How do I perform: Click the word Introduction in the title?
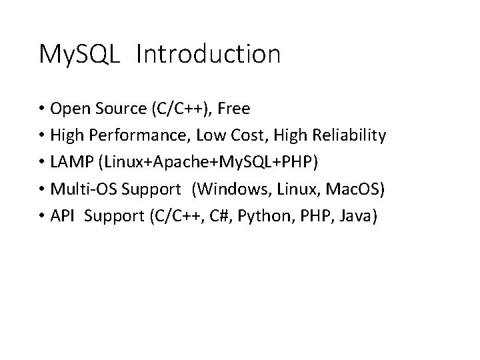207,55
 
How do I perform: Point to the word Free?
232,109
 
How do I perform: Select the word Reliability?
347,136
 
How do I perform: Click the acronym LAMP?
71,163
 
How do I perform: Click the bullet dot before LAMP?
42,163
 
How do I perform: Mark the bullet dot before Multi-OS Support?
42,190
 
